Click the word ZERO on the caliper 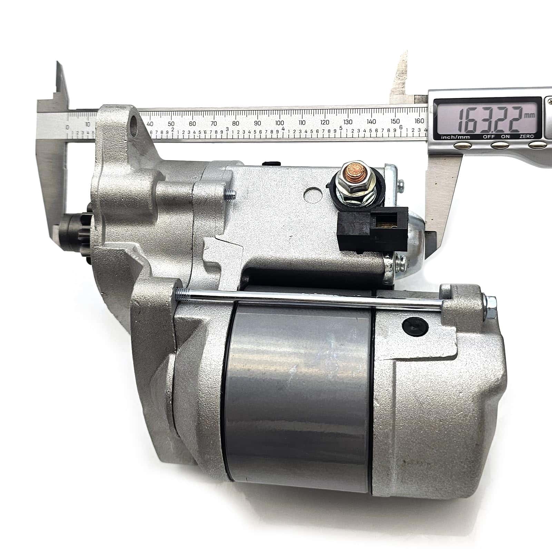pyautogui.click(x=526, y=137)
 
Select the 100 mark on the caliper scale pyautogui.click(x=280, y=123)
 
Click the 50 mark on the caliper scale pyautogui.click(x=171, y=124)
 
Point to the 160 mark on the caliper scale pyautogui.click(x=420, y=121)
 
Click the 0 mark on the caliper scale pyautogui.click(x=68, y=127)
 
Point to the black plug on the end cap pyautogui.click(x=415, y=325)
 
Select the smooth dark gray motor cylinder pyautogui.click(x=298, y=397)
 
